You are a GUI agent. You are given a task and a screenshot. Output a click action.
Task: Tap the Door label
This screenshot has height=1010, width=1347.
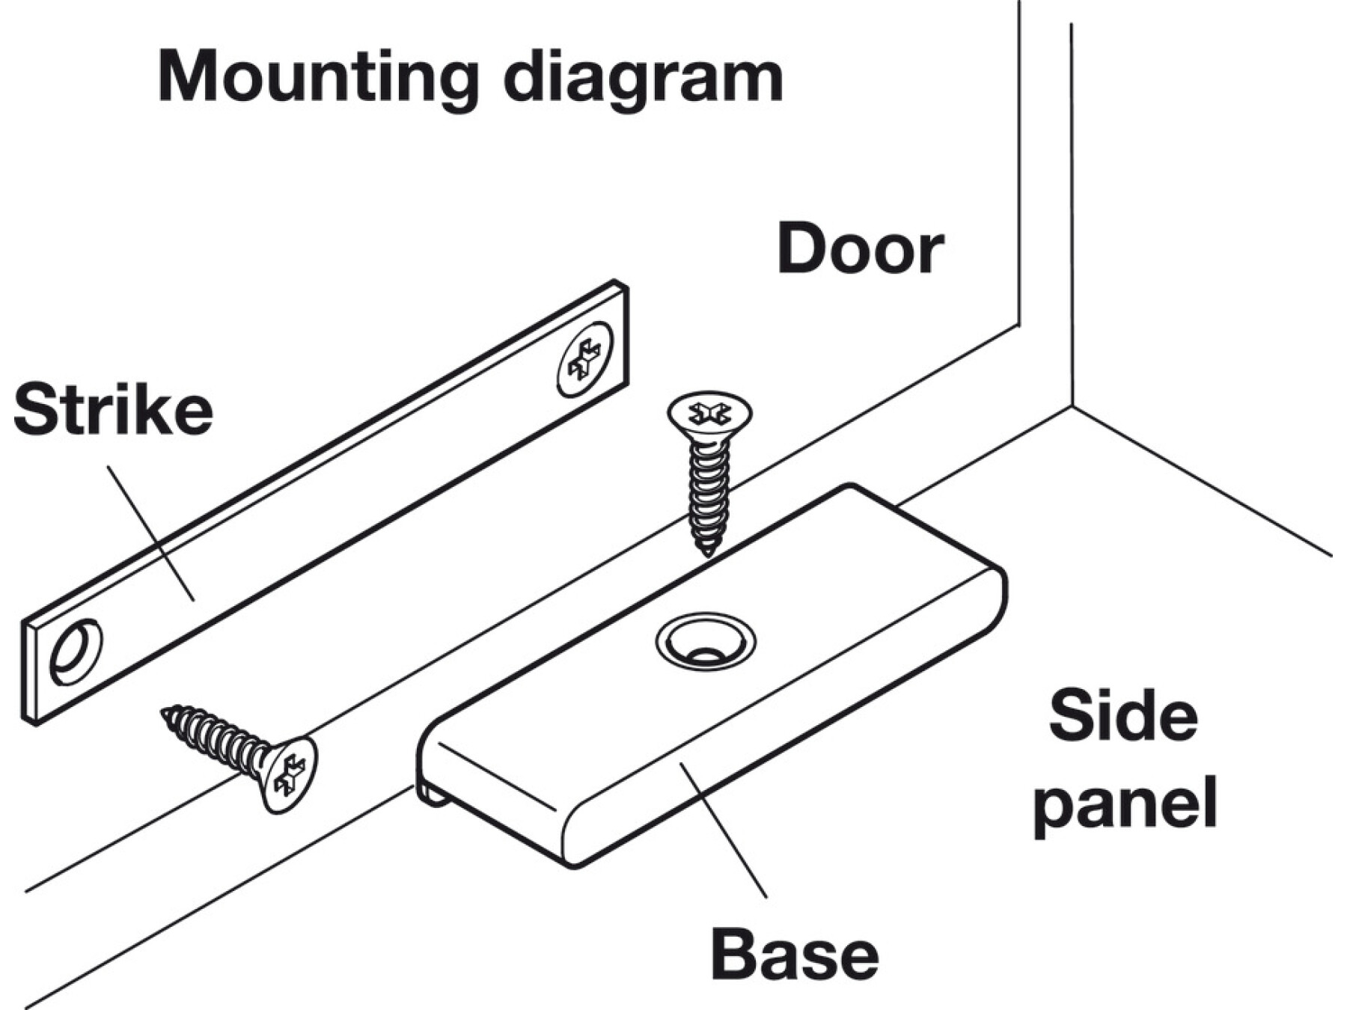860,249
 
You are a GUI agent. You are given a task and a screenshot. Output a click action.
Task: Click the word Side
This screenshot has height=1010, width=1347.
1123,717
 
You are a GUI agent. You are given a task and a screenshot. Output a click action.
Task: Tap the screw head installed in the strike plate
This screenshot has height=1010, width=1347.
585,358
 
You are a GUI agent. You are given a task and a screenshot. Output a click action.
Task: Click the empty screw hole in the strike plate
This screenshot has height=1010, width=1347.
76,651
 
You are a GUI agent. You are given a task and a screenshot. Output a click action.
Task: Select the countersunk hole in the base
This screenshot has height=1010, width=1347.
705,642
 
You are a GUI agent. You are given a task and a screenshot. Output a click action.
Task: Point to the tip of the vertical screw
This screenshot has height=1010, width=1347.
707,551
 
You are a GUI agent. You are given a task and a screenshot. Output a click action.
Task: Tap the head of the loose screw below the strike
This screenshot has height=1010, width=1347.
290,774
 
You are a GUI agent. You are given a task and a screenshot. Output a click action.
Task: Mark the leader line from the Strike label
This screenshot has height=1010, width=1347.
150,531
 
